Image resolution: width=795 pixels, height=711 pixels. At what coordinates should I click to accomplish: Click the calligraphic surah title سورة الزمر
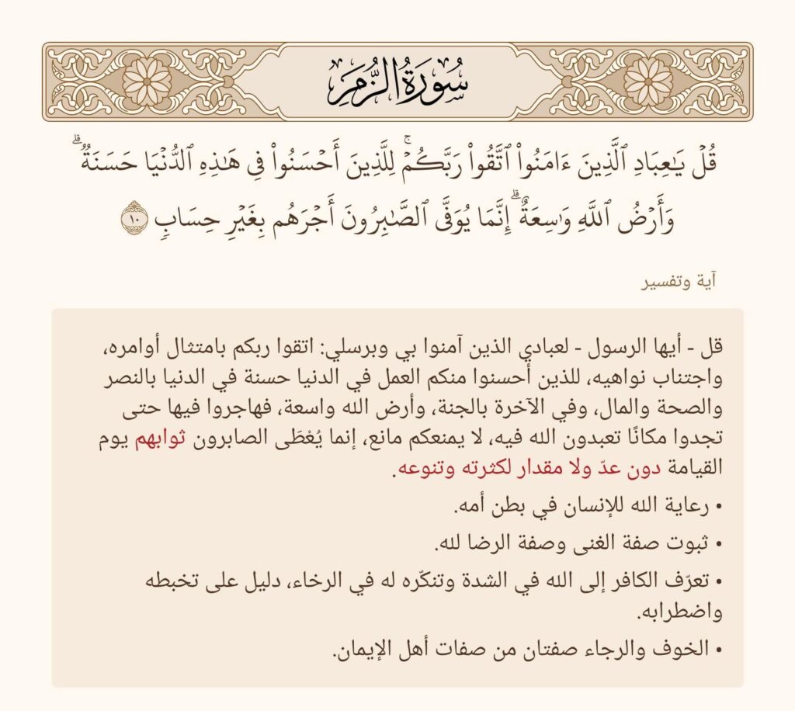pyautogui.click(x=397, y=82)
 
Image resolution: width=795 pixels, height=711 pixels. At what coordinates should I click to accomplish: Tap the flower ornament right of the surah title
pyautogui.click(x=648, y=82)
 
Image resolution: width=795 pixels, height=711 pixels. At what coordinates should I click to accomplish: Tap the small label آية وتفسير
pyautogui.click(x=678, y=283)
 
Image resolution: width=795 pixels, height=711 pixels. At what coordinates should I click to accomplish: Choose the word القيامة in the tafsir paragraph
pyautogui.click(x=693, y=470)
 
